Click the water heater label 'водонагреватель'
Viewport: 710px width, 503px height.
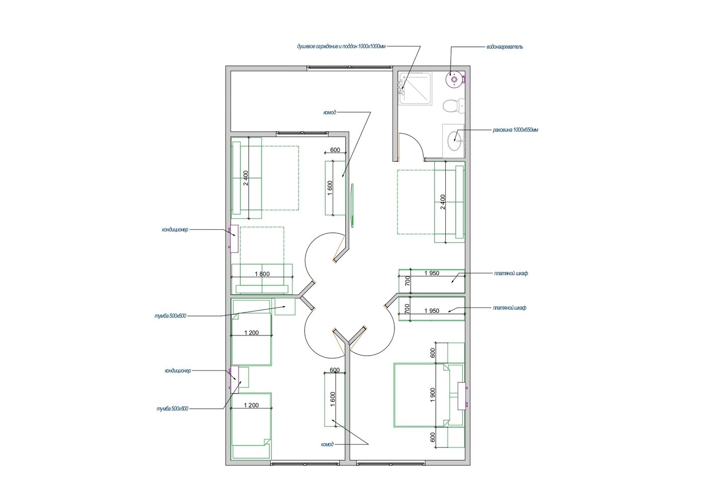(504, 47)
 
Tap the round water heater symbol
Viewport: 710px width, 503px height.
(454, 79)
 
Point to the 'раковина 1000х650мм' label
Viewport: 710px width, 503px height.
(516, 130)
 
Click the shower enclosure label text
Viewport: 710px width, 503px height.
(341, 47)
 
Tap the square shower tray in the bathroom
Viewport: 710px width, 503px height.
(416, 88)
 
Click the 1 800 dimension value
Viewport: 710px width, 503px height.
(262, 274)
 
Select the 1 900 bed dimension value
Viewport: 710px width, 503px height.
(433, 395)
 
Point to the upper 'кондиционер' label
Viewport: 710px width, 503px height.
(175, 229)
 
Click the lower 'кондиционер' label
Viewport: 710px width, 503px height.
(178, 370)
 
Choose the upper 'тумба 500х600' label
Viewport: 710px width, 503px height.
(170, 316)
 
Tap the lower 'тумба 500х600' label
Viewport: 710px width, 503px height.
(172, 408)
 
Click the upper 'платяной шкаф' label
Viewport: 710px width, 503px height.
(511, 273)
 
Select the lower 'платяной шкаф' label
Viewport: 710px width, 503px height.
(510, 308)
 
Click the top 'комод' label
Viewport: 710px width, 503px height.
(329, 112)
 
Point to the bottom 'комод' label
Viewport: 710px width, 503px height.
(327, 444)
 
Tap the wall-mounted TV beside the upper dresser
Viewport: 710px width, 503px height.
(352, 205)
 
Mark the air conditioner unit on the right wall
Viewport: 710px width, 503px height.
(462, 396)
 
